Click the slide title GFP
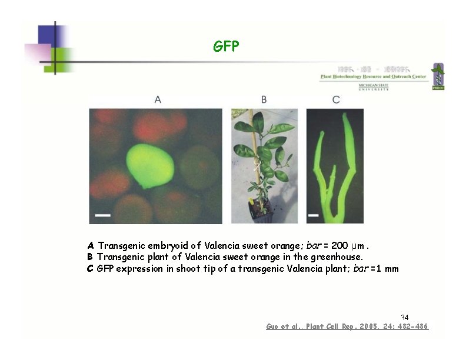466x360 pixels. click(226, 46)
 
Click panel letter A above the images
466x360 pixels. click(158, 100)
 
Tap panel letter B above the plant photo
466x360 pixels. click(264, 100)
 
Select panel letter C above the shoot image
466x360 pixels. click(336, 100)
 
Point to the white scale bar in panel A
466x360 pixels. click(102, 216)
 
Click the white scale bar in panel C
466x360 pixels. click(313, 216)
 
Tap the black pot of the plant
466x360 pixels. click(261, 210)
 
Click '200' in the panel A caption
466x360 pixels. click(341, 245)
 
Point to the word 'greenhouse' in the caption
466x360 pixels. click(337, 257)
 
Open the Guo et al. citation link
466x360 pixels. click(347, 326)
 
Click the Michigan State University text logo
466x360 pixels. click(374, 87)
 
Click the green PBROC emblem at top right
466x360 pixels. click(438, 76)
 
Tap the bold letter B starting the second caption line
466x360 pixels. click(90, 257)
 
